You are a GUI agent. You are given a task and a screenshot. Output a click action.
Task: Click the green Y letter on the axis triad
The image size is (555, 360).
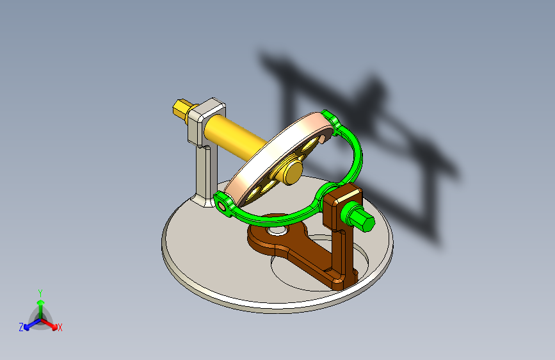pyautogui.click(x=40, y=291)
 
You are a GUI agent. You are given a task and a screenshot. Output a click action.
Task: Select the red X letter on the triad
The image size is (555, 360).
pyautogui.click(x=60, y=328)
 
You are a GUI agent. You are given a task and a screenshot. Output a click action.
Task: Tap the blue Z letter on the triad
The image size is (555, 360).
pyautogui.click(x=21, y=327)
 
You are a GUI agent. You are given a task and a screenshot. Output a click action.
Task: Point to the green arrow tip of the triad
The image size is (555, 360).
pyautogui.click(x=40, y=300)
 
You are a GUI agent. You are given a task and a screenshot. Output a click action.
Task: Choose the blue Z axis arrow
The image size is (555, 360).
pyautogui.click(x=29, y=323)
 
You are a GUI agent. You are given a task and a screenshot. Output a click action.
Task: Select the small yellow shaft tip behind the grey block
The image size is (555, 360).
pyautogui.click(x=181, y=108)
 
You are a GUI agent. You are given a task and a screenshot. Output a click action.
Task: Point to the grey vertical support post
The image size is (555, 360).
pyautogui.click(x=205, y=173)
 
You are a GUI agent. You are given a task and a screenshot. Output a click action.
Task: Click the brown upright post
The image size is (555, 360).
pyautogui.click(x=340, y=256)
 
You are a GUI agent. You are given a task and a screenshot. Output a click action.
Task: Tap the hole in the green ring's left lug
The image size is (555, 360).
pyautogui.click(x=223, y=206)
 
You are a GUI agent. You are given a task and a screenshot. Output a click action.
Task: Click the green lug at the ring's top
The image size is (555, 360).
pyautogui.click(x=330, y=117)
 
